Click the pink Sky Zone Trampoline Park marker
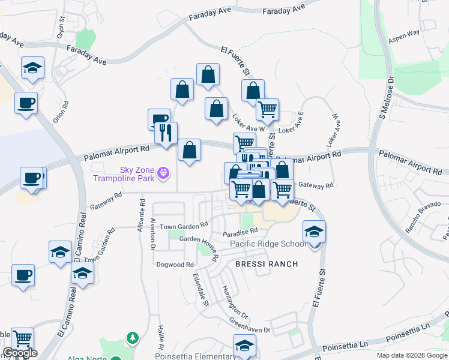coord(163,174)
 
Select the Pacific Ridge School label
coord(268,244)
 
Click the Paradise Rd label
coord(240,231)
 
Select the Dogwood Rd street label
coord(175,265)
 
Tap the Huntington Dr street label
coord(235,302)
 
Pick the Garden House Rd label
coord(197,242)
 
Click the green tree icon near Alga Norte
coord(132,339)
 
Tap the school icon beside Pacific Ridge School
coord(314,231)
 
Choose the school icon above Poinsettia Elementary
coord(244,346)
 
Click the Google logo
coord(20,353)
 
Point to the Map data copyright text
coord(411,355)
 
